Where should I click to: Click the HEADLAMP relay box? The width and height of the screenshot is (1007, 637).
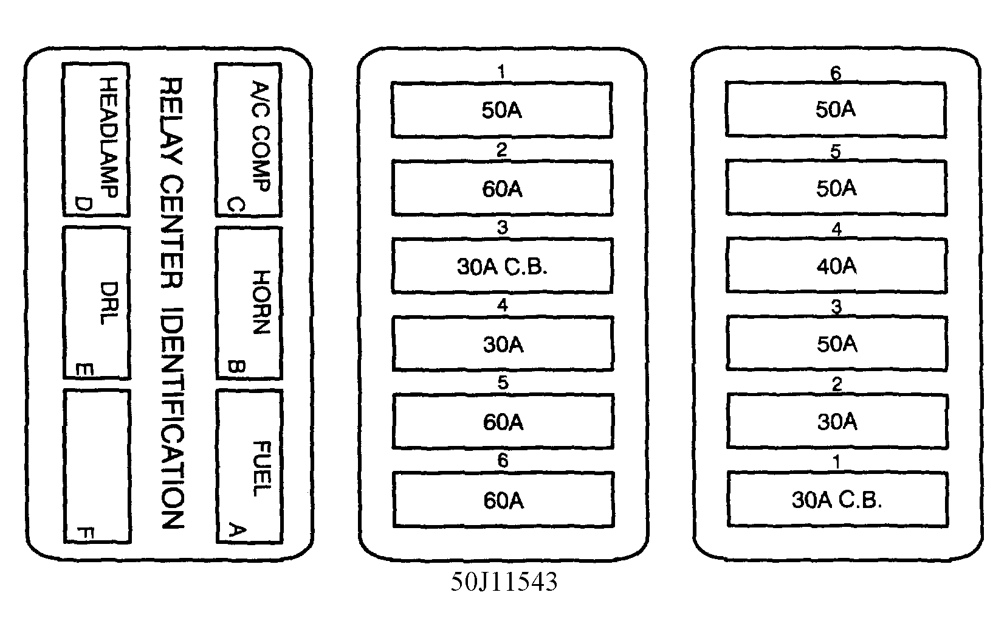(96, 139)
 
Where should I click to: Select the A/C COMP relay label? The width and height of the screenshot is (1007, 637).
(261, 137)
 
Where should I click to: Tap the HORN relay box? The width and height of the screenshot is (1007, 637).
(249, 304)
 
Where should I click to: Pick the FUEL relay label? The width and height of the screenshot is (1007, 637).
(262, 468)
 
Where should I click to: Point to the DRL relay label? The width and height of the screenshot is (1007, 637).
(109, 304)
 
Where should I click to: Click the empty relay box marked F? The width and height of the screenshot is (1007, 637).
(97, 467)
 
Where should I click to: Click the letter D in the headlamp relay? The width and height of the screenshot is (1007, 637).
(84, 204)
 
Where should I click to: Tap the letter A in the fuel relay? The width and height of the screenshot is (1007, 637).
(237, 531)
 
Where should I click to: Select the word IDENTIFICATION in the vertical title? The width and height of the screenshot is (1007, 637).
(173, 418)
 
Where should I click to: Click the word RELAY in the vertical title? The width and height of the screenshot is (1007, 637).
(171, 120)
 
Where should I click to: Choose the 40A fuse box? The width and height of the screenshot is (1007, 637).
(837, 266)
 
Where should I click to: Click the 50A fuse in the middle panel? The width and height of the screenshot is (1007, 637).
(502, 110)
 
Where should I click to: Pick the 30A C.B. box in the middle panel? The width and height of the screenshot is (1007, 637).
(502, 266)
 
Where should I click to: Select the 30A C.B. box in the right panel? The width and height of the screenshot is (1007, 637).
(837, 500)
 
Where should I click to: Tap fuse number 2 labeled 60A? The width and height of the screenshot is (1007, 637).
(502, 188)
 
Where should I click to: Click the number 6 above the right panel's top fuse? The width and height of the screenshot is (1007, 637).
(835, 74)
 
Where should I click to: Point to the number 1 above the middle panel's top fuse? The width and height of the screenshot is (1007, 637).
(501, 72)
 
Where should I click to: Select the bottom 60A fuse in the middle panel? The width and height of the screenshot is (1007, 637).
(503, 500)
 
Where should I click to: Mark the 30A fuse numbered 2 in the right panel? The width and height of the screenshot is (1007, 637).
(837, 422)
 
